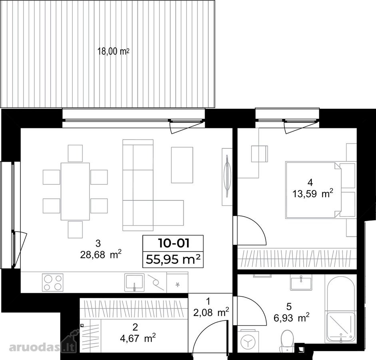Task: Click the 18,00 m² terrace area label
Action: tap(113, 51)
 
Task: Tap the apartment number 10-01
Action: tap(173, 243)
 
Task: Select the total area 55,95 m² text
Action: tap(173, 259)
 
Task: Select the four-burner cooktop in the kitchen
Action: tap(53, 282)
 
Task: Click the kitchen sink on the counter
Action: tap(135, 282)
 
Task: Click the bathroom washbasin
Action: tap(301, 283)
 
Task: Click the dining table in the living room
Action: tap(75, 191)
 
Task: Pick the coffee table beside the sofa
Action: tap(182, 165)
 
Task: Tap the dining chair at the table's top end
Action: tap(75, 153)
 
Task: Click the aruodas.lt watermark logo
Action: tap(43, 344)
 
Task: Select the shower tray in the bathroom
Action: tap(340, 327)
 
